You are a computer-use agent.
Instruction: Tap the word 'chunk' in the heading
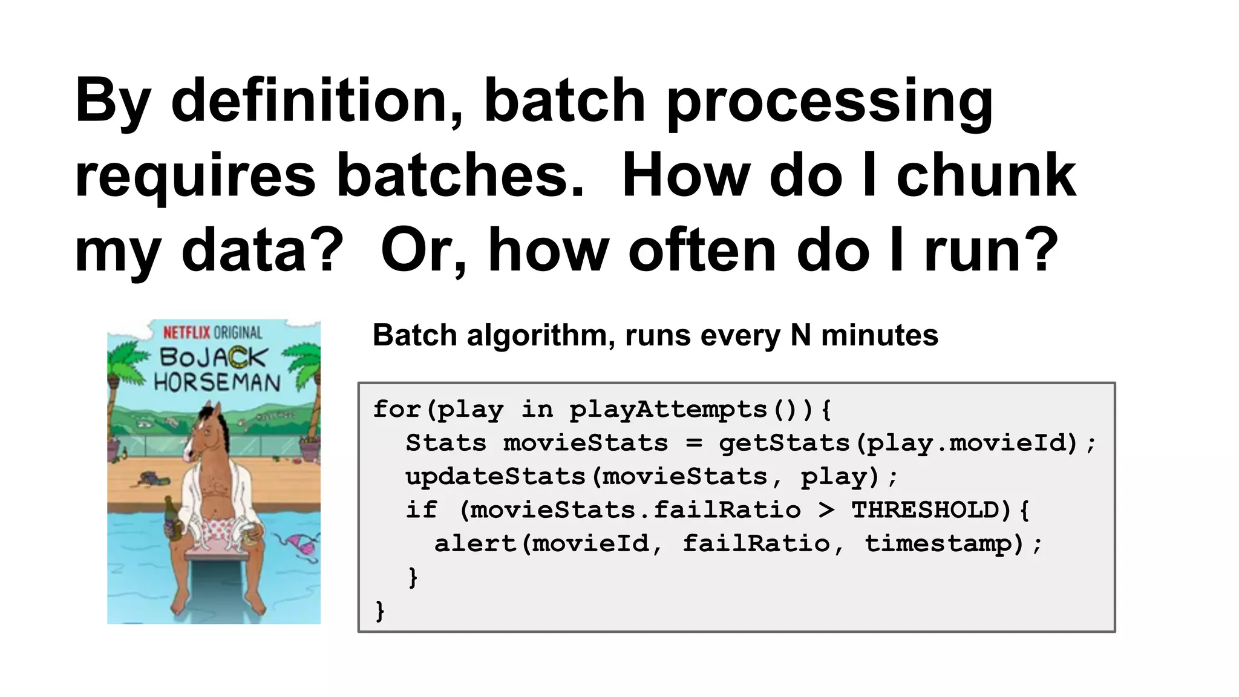coord(986,175)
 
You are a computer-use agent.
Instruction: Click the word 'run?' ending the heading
coord(991,250)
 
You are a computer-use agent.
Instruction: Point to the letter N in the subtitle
coord(800,335)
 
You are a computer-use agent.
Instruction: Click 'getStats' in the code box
coord(784,443)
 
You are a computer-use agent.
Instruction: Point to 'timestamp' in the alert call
coord(938,543)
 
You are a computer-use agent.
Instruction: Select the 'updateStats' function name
coord(495,477)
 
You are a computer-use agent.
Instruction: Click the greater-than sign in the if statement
coord(826,510)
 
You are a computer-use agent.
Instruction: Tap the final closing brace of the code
coord(380,610)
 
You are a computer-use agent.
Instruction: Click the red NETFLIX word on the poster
coord(186,332)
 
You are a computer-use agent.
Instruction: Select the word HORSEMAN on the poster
coord(217,382)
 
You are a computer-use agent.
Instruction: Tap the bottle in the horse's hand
coord(172,519)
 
